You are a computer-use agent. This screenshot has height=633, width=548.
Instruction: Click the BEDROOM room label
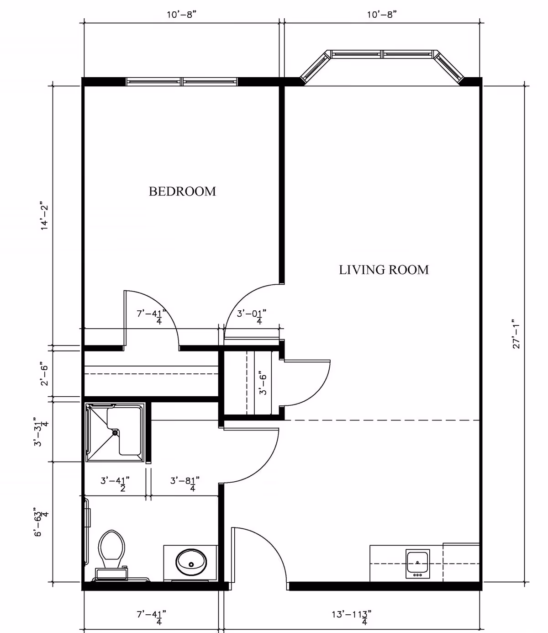pos(182,191)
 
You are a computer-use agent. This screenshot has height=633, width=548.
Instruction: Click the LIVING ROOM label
pos(384,270)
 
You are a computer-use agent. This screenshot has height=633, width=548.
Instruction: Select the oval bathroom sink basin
pos(191,563)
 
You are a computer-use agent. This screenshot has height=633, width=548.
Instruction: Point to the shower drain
pos(115,431)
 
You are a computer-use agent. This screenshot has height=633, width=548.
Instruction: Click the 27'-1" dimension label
pos(516,334)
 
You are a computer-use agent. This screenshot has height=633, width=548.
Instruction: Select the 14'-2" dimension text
pos(44,216)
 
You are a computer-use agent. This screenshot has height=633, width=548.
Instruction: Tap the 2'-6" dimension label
pos(44,373)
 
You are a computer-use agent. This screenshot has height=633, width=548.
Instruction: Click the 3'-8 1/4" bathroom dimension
pos(184,483)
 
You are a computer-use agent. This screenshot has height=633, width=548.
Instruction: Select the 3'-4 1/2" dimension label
pos(115,483)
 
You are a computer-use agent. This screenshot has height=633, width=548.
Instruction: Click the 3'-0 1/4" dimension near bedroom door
pos(251,316)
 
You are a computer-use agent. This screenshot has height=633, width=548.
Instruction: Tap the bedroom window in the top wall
pos(182,82)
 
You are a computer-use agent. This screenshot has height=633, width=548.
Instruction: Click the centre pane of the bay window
pos(382,54)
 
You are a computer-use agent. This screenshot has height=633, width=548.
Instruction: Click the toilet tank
pos(111,573)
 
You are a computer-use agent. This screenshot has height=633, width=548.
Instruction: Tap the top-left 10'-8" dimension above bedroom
pos(181,15)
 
